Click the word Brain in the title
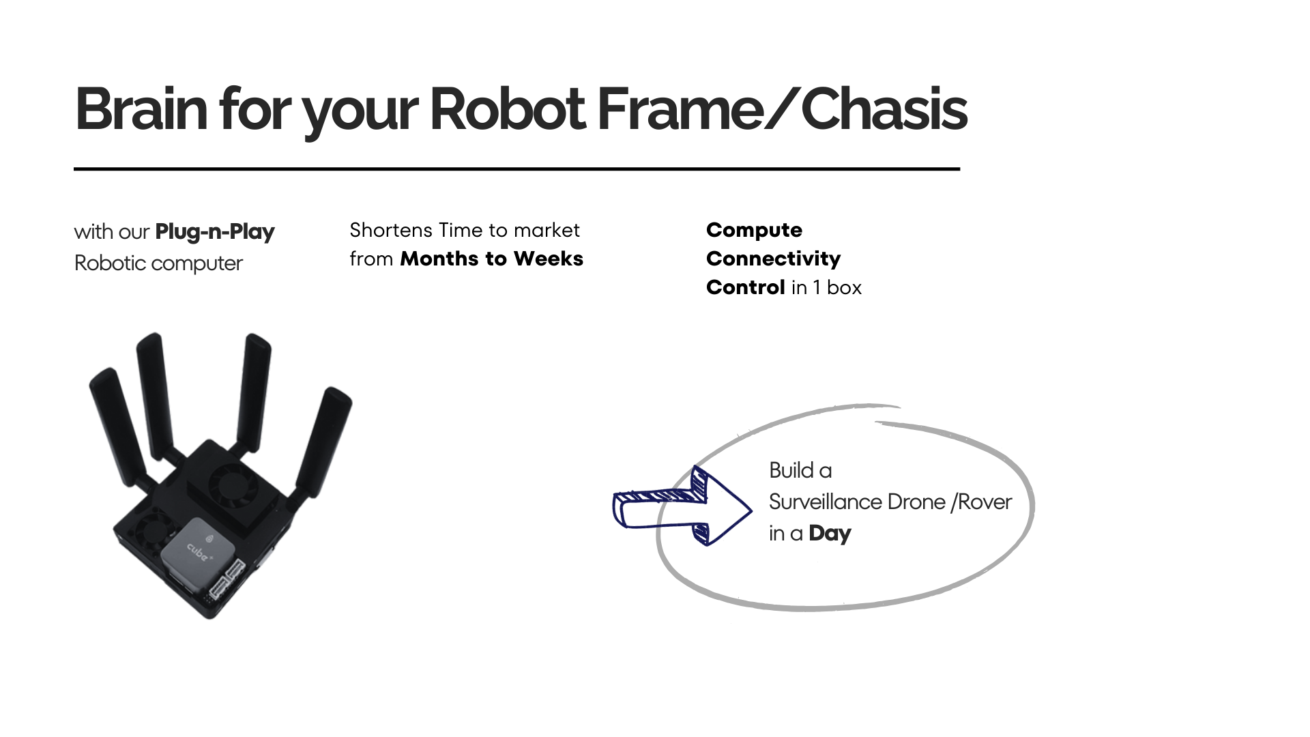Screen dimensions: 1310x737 (141, 109)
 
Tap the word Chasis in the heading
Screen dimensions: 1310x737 (884, 109)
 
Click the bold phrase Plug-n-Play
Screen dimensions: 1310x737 (215, 232)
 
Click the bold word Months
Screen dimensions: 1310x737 (439, 259)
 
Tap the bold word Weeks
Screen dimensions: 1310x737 (549, 259)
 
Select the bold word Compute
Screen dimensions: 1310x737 (754, 231)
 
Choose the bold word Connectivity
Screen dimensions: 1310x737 (774, 259)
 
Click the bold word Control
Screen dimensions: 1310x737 (746, 287)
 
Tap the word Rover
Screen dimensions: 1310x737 (985, 502)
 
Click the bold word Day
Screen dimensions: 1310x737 (830, 534)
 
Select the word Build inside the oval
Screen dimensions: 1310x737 (791, 470)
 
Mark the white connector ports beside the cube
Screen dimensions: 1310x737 (227, 578)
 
